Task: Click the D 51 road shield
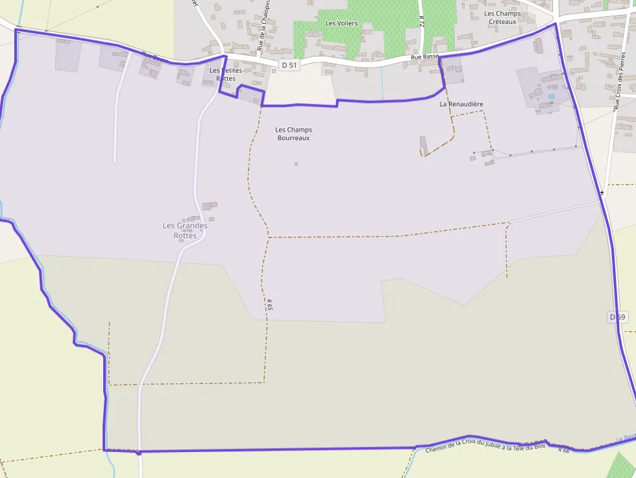(x=290, y=66)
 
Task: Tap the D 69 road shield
(x=618, y=317)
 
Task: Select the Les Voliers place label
(x=341, y=23)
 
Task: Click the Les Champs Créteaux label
(x=502, y=18)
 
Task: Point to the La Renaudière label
(x=461, y=104)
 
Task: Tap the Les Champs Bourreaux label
(x=293, y=134)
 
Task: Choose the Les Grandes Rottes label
(x=185, y=230)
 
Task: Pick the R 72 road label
(x=421, y=21)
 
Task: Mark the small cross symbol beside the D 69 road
(x=602, y=193)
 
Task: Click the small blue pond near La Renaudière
(x=551, y=97)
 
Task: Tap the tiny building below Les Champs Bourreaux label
(x=296, y=163)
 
